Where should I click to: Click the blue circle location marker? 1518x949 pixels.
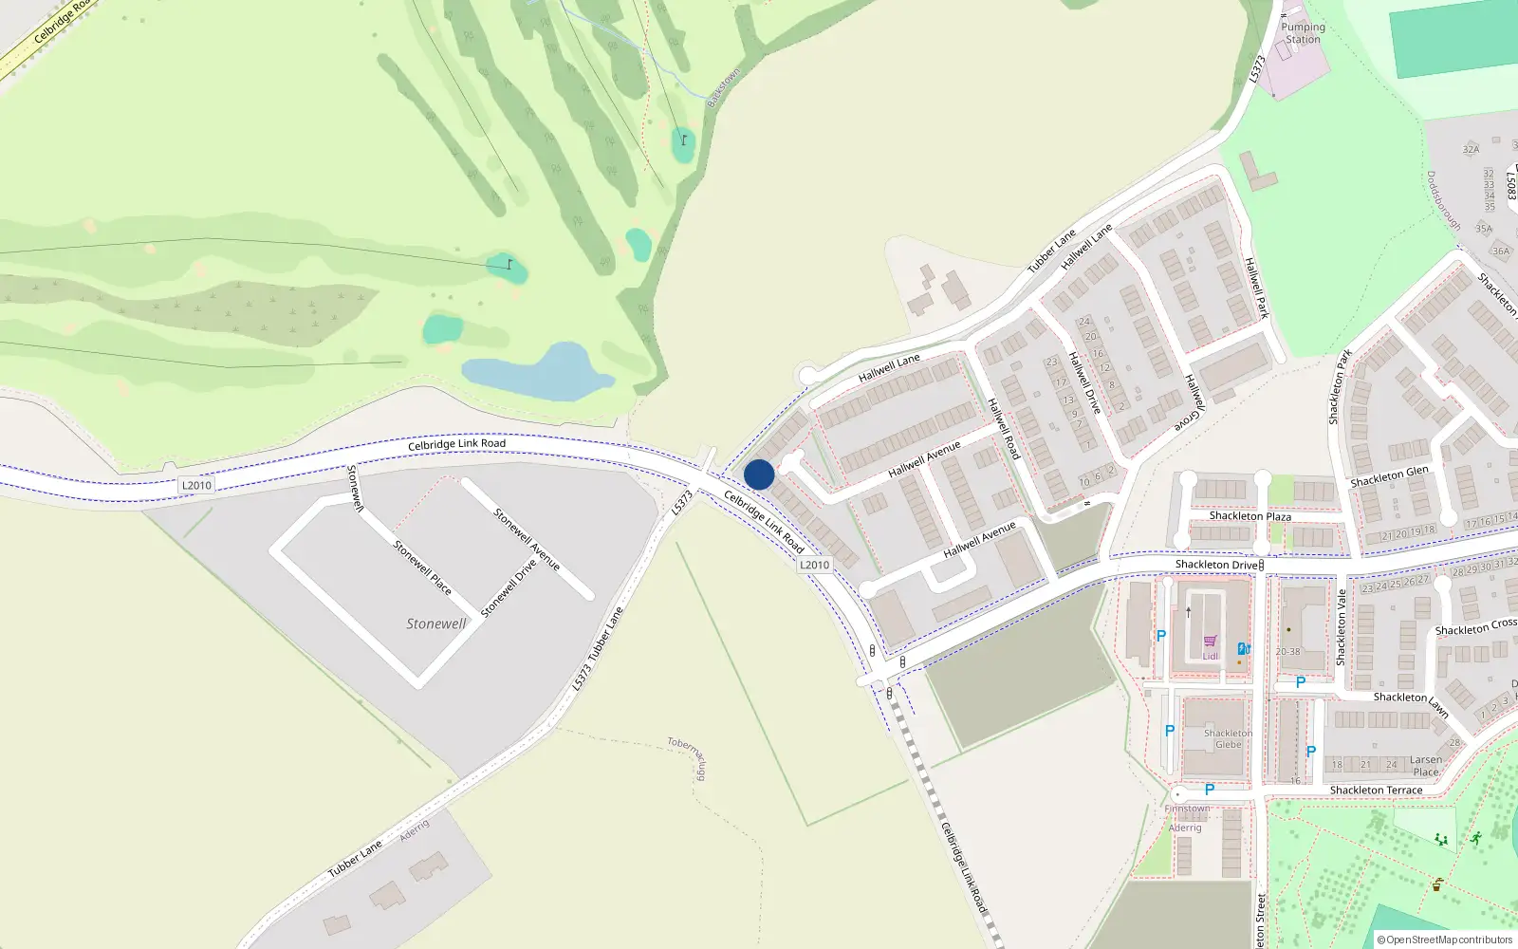(x=759, y=474)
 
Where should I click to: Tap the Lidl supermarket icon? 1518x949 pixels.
(x=1210, y=642)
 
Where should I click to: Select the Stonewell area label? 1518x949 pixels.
(x=436, y=623)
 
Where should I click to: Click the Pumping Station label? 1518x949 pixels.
(x=1303, y=33)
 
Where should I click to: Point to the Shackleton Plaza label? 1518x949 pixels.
(x=1250, y=516)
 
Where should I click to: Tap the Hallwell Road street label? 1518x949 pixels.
(x=1003, y=428)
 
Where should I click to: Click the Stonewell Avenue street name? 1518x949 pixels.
(x=527, y=539)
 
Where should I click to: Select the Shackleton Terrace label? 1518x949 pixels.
(x=1376, y=790)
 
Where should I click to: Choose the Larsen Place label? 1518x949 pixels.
(x=1425, y=766)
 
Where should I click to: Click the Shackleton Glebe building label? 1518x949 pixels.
(x=1228, y=738)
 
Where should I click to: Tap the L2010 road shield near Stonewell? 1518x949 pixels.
(x=196, y=485)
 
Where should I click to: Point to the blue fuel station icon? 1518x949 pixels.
(x=1243, y=649)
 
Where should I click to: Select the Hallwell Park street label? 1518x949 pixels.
(x=1256, y=288)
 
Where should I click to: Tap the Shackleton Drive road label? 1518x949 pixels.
(x=1216, y=565)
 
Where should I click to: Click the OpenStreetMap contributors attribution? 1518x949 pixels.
(x=1445, y=940)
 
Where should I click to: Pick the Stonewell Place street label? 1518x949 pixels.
(x=422, y=567)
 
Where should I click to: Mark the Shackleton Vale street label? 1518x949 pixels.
(x=1342, y=626)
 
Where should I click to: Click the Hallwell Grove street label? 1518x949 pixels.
(x=1194, y=402)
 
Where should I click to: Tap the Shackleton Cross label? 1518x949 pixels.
(x=1475, y=627)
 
